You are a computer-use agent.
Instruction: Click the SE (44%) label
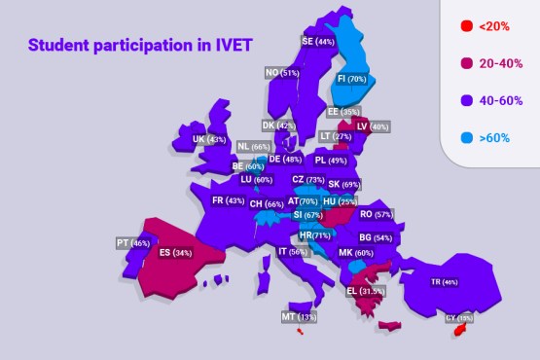[x=317, y=42]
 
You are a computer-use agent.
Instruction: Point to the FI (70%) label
[x=351, y=79]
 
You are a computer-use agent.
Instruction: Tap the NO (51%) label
[x=282, y=73]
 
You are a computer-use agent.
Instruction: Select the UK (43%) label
[x=209, y=140]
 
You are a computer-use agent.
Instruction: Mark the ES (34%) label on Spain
[x=175, y=253]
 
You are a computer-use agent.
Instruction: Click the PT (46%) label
[x=134, y=243]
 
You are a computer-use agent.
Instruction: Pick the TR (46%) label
[x=444, y=282]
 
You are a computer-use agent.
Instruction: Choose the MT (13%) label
[x=299, y=317]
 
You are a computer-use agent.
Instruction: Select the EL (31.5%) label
[x=366, y=291]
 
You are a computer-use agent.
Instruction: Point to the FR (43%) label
[x=228, y=201]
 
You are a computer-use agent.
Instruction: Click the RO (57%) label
[x=376, y=214]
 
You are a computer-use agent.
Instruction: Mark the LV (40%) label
[x=374, y=126]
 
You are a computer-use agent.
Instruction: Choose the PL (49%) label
[x=331, y=161]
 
